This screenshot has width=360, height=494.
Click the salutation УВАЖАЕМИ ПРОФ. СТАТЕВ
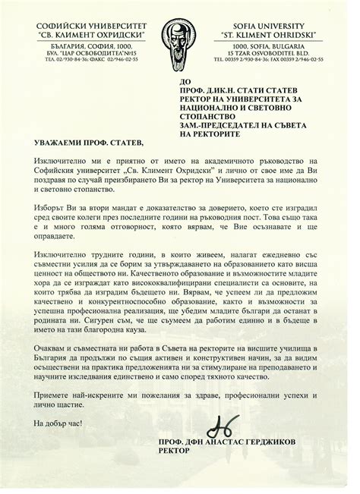pyautogui.click(x=88, y=143)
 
